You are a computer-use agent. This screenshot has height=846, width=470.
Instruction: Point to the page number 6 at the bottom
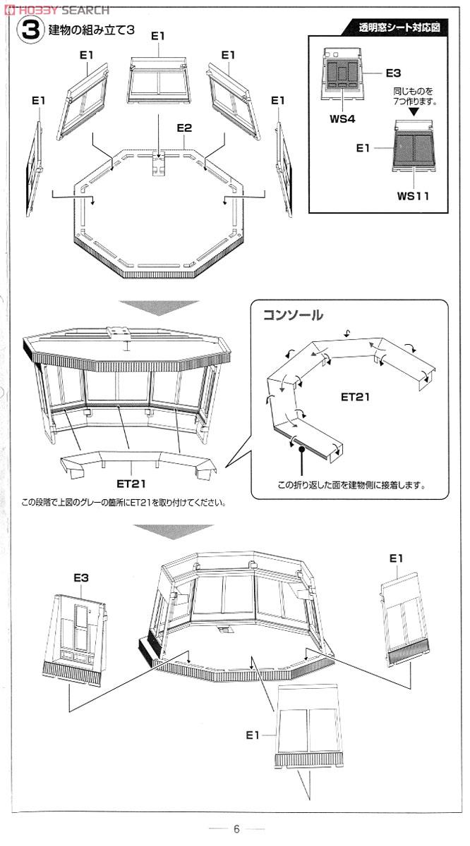coord(237,829)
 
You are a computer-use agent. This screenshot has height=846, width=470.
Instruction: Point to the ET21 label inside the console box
coord(356,397)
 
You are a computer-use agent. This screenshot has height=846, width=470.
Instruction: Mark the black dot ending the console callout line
coord(301,448)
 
